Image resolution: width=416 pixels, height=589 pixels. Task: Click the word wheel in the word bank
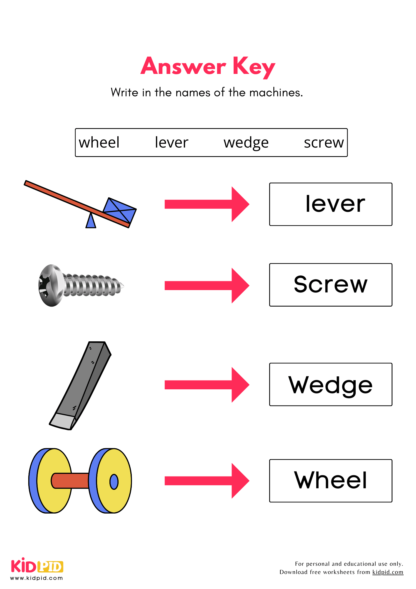[x=99, y=143]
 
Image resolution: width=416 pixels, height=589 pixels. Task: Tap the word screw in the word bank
[x=324, y=143]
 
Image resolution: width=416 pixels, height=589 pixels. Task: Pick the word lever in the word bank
[x=172, y=143]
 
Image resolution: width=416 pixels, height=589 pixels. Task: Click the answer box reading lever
[x=330, y=204]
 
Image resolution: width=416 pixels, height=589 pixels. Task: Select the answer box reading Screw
[x=330, y=285]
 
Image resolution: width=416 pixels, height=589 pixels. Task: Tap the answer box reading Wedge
[x=330, y=384]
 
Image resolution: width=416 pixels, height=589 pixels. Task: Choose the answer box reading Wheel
[x=330, y=481]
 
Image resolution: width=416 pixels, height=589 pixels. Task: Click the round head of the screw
[x=51, y=285]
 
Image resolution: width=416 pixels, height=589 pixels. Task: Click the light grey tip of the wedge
[x=63, y=421]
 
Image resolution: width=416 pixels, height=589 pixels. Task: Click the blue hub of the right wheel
[x=114, y=482]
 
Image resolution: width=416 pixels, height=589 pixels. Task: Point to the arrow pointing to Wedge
[x=207, y=385]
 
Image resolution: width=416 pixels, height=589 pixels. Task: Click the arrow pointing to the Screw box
[x=207, y=285]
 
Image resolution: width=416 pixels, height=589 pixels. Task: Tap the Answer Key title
[x=208, y=67]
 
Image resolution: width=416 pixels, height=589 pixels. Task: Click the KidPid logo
[x=37, y=567]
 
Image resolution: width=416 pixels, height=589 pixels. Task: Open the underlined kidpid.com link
[x=387, y=572]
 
